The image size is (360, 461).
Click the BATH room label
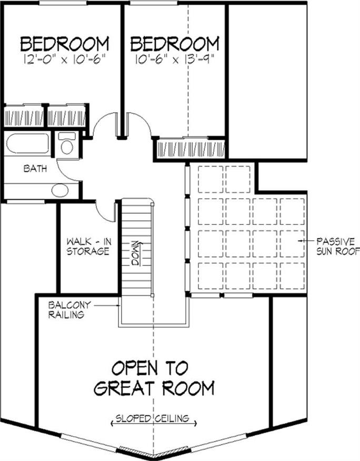pyautogui.click(x=35, y=169)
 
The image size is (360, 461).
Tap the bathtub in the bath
pyautogui.click(x=28, y=143)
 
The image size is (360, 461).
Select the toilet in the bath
pyautogui.click(x=67, y=143)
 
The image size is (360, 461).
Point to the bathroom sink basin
pyautogui.click(x=60, y=191)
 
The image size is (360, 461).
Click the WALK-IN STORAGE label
pyautogui.click(x=88, y=247)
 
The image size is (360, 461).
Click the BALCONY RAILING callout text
pyautogui.click(x=69, y=310)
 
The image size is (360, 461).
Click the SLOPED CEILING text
pyautogui.click(x=153, y=418)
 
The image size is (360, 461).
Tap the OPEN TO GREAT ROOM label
pyautogui.click(x=154, y=378)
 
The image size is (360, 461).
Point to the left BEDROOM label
pyautogui.click(x=65, y=44)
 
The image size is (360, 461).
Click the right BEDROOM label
pyautogui.click(x=175, y=44)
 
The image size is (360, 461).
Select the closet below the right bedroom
pyautogui.click(x=191, y=149)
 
